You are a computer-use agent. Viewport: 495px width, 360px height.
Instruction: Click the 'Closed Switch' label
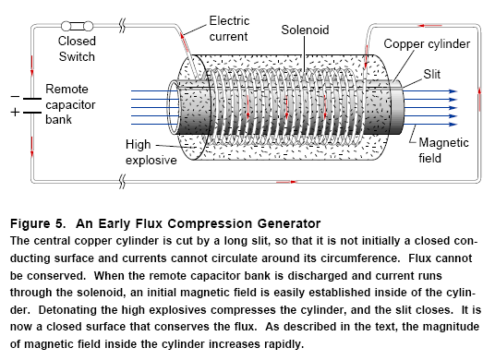(77, 49)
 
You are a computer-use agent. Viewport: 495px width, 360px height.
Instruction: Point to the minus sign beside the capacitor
(14, 96)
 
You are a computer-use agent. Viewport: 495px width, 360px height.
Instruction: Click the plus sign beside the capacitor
(14, 112)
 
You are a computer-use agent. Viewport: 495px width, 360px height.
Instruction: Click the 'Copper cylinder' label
(426, 43)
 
